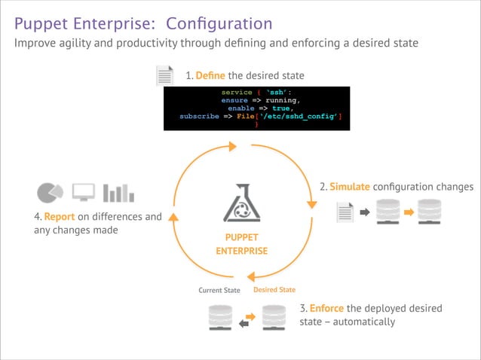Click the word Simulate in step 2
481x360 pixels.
click(x=350, y=186)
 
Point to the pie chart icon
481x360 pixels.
click(x=50, y=192)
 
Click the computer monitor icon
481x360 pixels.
click(x=84, y=192)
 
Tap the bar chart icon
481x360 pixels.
click(x=118, y=192)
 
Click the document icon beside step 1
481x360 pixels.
click(x=164, y=76)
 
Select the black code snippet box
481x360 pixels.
click(x=257, y=108)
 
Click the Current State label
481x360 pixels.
click(x=219, y=290)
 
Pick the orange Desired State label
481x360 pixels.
click(x=274, y=290)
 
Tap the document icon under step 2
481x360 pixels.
click(x=345, y=212)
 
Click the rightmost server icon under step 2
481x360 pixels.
click(x=429, y=212)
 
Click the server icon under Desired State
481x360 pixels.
click(x=274, y=318)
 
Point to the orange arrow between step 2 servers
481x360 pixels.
click(x=409, y=212)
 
